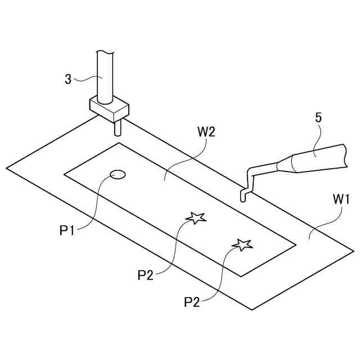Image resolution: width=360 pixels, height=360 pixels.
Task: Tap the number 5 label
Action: (x=318, y=118)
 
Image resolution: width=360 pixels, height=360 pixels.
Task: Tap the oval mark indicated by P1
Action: (x=118, y=174)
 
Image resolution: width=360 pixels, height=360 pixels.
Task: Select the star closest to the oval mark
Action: (x=195, y=217)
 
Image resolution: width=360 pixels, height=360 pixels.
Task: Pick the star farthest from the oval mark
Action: (x=242, y=244)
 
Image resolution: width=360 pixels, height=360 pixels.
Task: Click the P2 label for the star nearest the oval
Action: (x=146, y=274)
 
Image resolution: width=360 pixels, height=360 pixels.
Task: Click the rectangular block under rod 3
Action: (x=109, y=109)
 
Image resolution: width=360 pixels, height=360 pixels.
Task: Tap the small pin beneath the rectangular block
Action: (x=118, y=129)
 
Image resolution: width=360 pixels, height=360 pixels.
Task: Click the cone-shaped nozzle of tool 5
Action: (x=286, y=164)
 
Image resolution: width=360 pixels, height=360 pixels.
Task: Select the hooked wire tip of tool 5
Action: (x=245, y=191)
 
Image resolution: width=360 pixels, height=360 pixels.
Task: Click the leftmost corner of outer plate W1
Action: (x=7, y=168)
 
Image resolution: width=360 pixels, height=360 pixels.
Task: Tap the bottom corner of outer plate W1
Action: (x=253, y=310)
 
